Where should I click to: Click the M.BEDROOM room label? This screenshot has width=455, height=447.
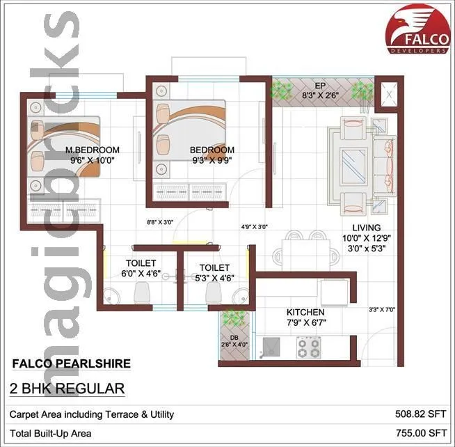click(92, 150)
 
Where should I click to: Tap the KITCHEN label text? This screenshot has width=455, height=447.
click(305, 312)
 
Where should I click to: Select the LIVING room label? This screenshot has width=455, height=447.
click(366, 227)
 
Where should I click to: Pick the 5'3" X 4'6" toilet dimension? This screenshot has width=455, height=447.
click(214, 277)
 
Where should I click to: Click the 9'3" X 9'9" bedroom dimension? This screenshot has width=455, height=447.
click(211, 160)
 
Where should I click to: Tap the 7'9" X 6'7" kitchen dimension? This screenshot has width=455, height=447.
click(305, 322)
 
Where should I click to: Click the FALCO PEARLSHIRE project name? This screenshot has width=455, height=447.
click(71, 363)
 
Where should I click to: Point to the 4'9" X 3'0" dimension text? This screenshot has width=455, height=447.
click(255, 226)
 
